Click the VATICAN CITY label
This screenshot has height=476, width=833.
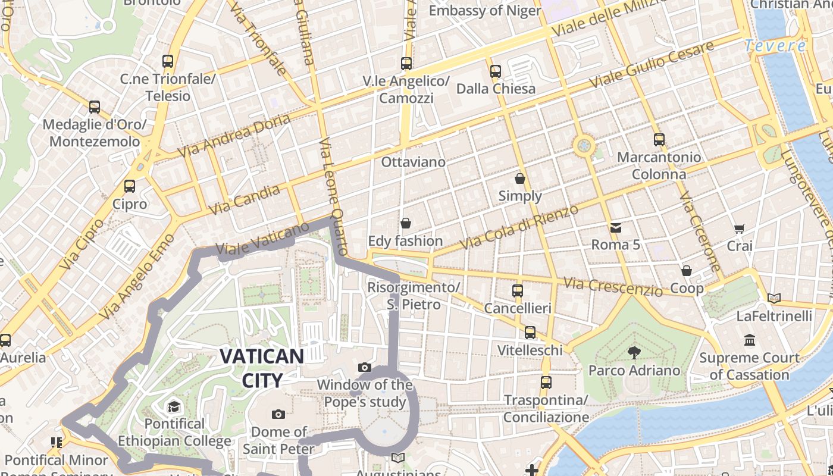click(261, 368)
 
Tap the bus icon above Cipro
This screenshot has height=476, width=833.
click(130, 186)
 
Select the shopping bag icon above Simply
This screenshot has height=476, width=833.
click(520, 178)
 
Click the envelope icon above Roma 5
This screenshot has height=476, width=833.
click(615, 227)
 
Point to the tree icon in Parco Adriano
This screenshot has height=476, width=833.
click(634, 352)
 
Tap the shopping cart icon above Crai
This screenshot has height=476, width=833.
click(740, 228)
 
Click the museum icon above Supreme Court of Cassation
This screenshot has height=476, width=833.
click(749, 340)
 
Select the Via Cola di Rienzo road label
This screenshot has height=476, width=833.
click(519, 227)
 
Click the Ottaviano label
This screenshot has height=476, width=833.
click(413, 162)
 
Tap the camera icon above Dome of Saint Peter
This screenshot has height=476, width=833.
click(278, 414)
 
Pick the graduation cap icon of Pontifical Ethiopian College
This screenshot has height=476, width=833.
click(174, 406)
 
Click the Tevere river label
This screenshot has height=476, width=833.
click(775, 46)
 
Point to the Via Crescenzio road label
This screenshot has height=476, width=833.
click(612, 287)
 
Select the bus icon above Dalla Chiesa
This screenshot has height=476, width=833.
click(496, 71)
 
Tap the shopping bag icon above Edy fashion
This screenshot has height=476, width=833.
click(405, 223)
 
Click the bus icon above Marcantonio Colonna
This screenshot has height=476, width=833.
click(659, 140)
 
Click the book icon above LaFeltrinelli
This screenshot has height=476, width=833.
click(773, 298)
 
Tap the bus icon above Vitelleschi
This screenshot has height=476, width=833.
click(530, 332)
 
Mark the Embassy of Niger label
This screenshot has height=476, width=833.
click(485, 11)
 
